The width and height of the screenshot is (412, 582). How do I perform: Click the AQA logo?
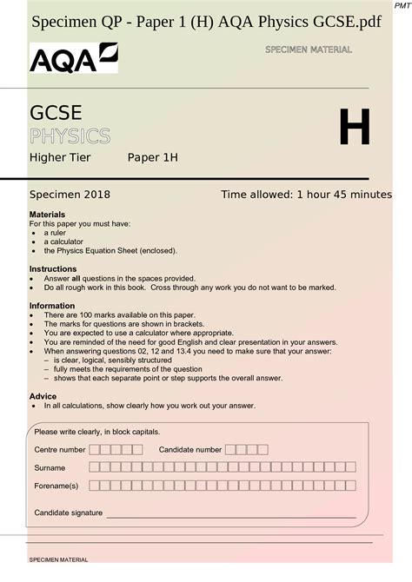click(73, 59)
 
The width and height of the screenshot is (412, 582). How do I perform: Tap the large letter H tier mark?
click(354, 127)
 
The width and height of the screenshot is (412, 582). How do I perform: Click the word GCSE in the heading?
click(56, 114)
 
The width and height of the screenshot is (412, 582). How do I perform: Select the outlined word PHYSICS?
click(70, 136)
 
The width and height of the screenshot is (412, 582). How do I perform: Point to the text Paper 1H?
click(153, 157)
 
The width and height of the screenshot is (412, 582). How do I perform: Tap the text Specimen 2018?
click(70, 195)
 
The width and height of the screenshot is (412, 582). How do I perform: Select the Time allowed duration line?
click(306, 195)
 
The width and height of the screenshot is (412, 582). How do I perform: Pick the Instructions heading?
click(53, 269)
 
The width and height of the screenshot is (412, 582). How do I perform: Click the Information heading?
click(53, 306)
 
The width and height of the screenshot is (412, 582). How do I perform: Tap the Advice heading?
click(43, 396)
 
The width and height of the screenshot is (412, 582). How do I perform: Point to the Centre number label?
click(60, 450)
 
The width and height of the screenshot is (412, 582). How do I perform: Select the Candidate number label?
click(190, 450)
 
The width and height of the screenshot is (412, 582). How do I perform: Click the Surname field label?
click(50, 468)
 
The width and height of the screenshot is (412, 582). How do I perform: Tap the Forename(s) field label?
click(56, 486)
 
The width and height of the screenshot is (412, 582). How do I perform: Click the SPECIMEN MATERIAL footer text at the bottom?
click(59, 560)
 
